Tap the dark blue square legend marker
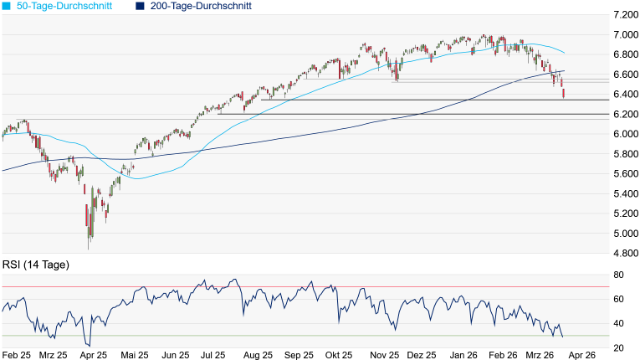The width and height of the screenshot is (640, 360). tap(140, 6)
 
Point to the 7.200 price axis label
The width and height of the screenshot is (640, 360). tap(624, 15)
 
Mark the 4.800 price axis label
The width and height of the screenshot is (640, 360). tap(624, 253)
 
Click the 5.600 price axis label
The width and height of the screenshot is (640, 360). tap(624, 173)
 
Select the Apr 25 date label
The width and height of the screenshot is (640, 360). tap(93, 354)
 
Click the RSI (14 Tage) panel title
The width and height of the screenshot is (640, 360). tap(36, 265)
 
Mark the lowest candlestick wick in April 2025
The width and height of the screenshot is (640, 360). tap(89, 248)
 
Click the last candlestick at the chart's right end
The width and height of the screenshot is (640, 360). tap(563, 94)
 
